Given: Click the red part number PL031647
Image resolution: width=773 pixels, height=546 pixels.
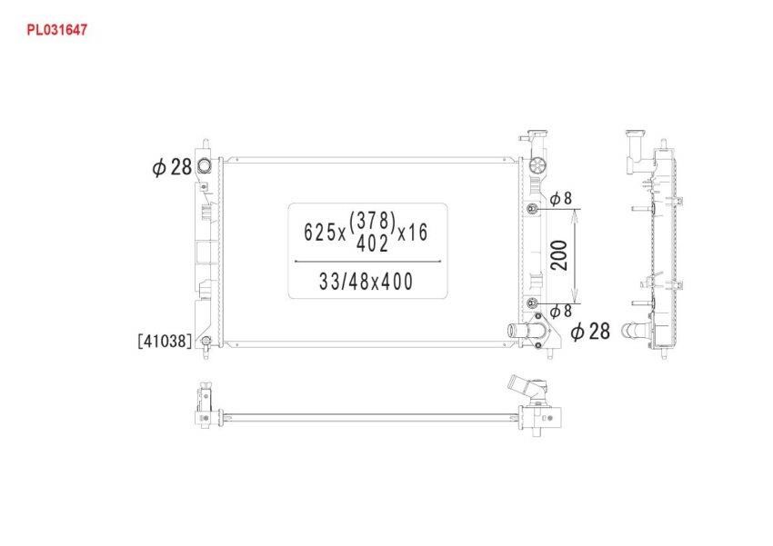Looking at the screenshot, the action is (56, 30).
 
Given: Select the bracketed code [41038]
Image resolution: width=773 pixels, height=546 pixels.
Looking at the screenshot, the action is (165, 341).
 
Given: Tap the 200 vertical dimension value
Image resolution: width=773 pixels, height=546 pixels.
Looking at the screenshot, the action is (559, 255).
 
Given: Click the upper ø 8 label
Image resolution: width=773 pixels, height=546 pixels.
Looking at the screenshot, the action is (561, 198).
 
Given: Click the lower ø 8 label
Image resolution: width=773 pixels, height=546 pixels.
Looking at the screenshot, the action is (561, 311).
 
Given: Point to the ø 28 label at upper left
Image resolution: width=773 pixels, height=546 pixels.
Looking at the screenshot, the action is (172, 167).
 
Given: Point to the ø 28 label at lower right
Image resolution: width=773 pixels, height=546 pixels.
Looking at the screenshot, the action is (590, 332).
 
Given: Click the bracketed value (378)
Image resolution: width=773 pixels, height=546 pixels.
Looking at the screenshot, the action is (372, 222).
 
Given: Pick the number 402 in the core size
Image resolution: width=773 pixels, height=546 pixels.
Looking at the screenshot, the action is (372, 243).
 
